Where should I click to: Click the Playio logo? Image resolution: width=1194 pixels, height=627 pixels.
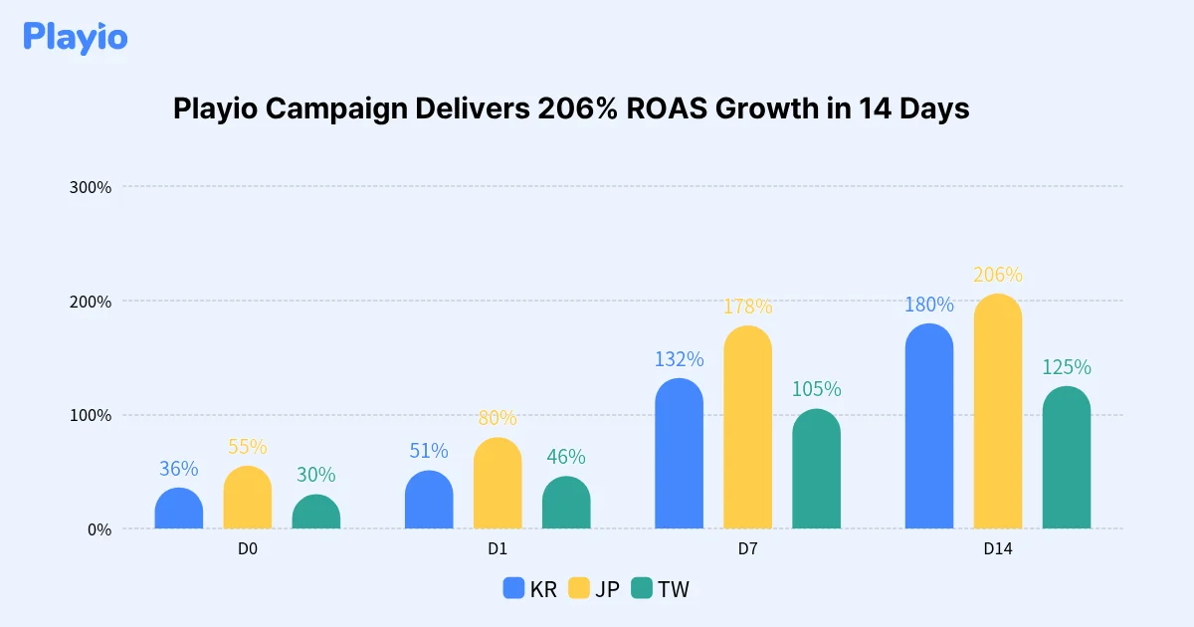pos(76,37)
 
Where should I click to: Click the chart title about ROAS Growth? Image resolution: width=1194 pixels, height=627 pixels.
pos(570,108)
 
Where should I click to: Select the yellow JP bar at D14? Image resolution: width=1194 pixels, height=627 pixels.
pos(998,412)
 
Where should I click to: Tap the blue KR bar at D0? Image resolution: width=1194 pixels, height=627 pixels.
pos(179,509)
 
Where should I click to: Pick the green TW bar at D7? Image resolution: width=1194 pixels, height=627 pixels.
pos(817,469)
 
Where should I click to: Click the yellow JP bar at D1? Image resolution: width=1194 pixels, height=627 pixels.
pos(497,484)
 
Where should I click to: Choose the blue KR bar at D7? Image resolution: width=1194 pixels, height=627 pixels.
pos(680,454)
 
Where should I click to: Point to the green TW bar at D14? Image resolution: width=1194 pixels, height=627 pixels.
pos(1067,458)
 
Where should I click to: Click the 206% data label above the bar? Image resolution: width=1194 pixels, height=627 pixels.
pos(998,275)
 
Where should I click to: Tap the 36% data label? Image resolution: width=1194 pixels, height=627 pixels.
pos(179,468)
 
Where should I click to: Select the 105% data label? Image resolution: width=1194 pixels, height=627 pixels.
pos(817,389)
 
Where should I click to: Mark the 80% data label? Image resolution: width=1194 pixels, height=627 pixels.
pos(497,418)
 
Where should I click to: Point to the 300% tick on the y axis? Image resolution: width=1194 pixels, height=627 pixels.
pos(90,187)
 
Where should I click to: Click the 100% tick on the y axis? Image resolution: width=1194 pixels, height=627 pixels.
pos(90,415)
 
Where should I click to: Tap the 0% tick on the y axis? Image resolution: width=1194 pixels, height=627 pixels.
pos(98,529)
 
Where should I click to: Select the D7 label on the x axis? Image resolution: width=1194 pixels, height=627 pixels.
pos(748,548)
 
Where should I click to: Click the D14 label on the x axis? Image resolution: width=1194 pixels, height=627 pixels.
pos(998,548)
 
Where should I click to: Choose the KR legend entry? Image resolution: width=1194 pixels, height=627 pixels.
pos(530,588)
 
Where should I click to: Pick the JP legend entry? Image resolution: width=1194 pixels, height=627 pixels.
pos(594,588)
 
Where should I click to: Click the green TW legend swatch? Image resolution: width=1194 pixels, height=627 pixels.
pos(642,588)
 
